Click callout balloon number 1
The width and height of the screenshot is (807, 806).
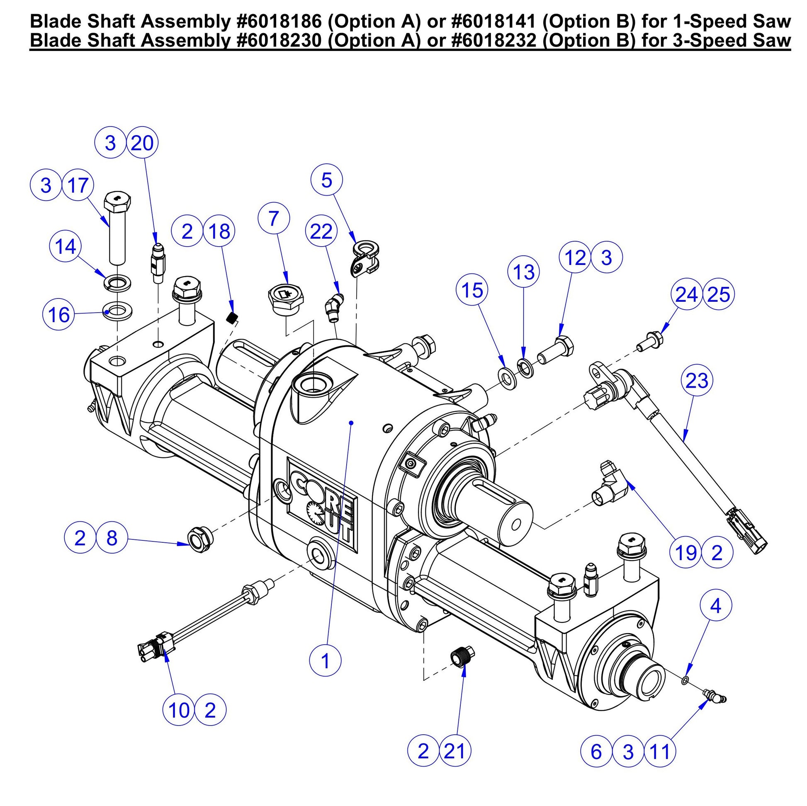tap(325, 660)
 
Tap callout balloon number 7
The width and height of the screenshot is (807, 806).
tap(274, 219)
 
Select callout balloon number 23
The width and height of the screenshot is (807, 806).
tap(697, 381)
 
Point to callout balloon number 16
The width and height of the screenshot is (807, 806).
tap(59, 314)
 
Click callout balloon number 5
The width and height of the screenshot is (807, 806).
tap(327, 180)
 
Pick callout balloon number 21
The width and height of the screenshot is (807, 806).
tap(455, 751)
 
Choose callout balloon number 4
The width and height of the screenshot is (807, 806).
tap(715, 606)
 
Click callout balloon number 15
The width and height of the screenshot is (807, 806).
tap(472, 290)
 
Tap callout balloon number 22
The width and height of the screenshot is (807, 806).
tap(321, 232)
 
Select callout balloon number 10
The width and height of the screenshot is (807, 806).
tap(179, 710)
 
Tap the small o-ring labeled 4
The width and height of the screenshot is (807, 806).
tap(684, 681)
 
